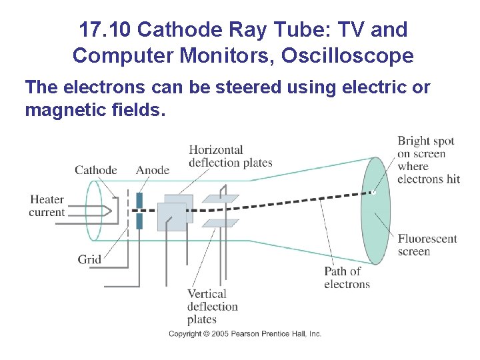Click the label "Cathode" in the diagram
click(x=95, y=170)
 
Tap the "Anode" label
click(x=153, y=170)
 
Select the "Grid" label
click(x=89, y=259)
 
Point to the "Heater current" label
click(x=47, y=206)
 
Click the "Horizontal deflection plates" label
click(x=230, y=156)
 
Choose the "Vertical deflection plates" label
click(x=212, y=307)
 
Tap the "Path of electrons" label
click(x=347, y=277)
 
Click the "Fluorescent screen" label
click(x=427, y=245)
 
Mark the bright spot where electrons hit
click(x=374, y=193)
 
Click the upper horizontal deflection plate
click(x=221, y=198)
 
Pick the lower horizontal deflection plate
click(x=221, y=223)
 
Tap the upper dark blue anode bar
click(x=139, y=200)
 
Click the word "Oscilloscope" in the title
click(x=347, y=56)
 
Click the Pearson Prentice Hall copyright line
click(x=245, y=333)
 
